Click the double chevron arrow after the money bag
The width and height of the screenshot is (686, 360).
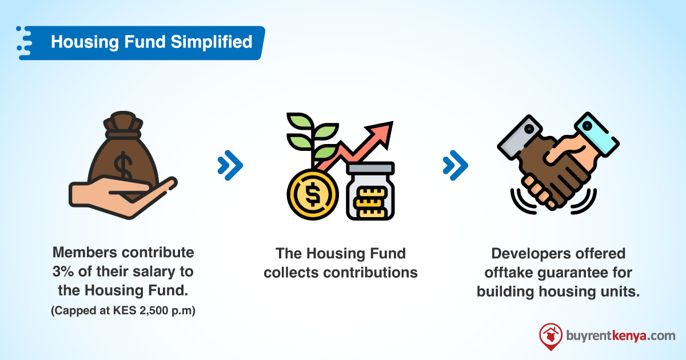[x=230, y=166]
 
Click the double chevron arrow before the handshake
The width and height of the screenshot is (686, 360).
[x=456, y=166]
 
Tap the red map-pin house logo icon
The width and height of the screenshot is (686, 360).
[x=551, y=336]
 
